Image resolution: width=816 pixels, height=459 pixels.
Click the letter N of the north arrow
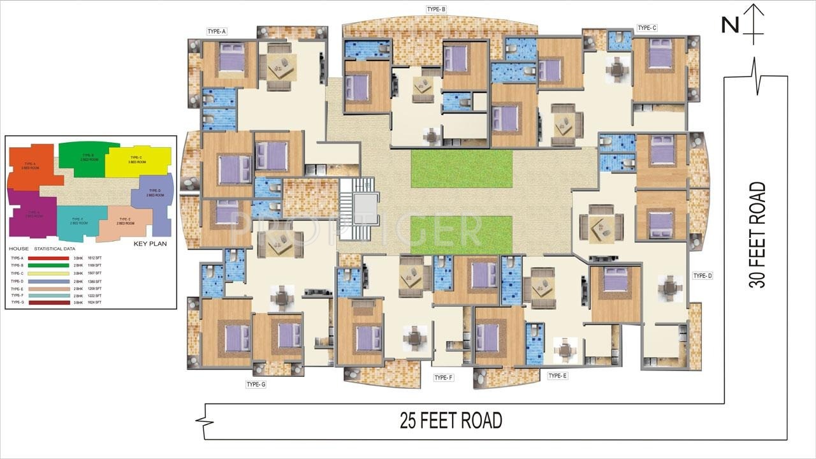730,25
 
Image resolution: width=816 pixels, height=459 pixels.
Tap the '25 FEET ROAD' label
451,421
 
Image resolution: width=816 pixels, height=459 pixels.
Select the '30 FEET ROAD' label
757,235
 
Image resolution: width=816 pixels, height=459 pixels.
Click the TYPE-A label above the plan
217,31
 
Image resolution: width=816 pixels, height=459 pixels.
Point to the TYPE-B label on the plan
436,10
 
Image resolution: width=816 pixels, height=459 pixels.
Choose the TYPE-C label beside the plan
646,28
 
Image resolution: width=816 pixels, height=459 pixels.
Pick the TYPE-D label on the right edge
702,276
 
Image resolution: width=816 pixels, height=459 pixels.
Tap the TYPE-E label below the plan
558,376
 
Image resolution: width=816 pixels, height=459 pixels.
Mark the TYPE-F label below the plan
443,378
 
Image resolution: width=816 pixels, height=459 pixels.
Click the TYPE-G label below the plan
256,384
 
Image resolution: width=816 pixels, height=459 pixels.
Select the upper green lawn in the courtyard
462,168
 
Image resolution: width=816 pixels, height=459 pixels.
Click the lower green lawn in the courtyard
462,234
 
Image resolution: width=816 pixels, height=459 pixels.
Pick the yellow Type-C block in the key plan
139,161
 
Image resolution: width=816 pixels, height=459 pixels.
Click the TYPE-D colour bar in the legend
48,281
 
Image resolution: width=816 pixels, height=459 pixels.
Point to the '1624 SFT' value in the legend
94,302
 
